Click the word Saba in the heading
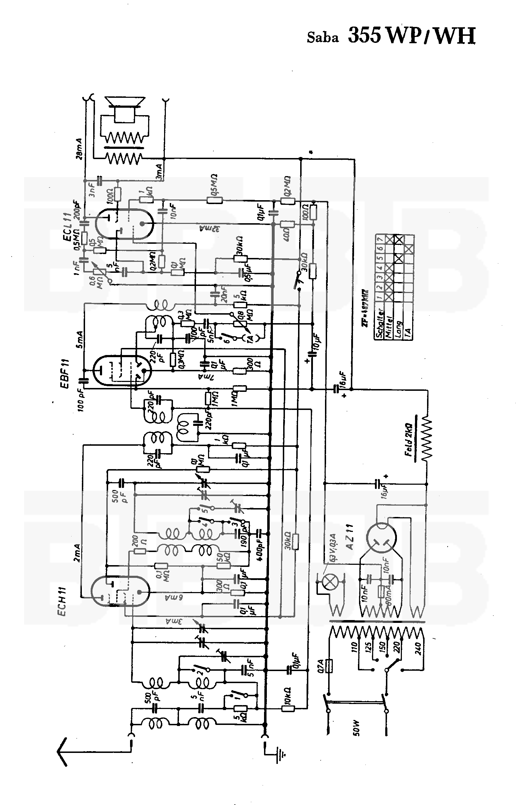pos(322,38)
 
